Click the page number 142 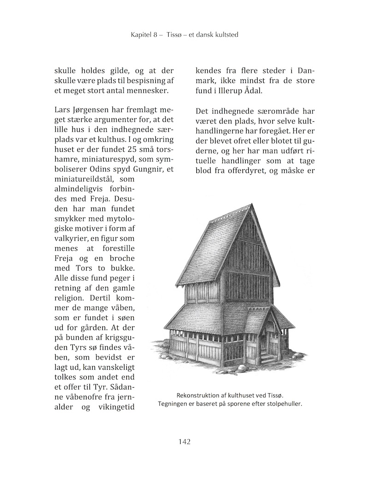(x=184, y=442)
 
